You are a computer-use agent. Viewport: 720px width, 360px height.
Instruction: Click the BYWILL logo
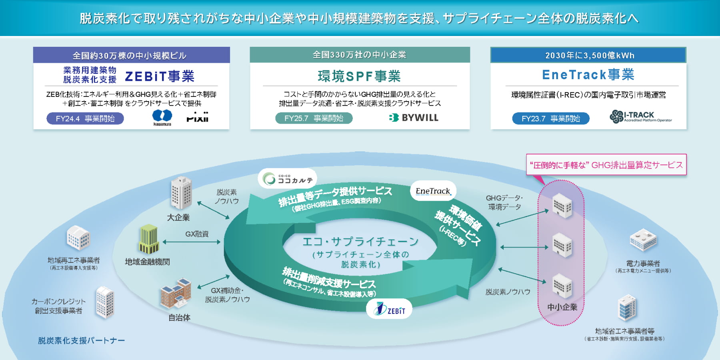(414, 118)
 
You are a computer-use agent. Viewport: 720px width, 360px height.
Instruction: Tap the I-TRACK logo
(640, 116)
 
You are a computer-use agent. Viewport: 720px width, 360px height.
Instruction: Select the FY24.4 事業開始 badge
(85, 118)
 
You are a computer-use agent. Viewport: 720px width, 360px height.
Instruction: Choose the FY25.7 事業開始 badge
(314, 118)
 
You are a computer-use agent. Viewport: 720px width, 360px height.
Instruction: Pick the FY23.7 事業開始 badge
(550, 118)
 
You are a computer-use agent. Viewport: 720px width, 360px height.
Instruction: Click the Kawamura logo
(162, 117)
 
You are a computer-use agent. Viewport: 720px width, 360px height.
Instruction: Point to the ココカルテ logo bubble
(288, 179)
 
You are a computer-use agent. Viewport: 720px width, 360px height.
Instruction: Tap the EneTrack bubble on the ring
(433, 191)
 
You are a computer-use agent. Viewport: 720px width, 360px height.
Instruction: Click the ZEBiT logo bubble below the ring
(389, 309)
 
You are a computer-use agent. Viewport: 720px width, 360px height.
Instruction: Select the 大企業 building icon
(181, 193)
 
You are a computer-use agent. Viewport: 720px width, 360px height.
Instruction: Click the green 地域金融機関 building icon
(148, 239)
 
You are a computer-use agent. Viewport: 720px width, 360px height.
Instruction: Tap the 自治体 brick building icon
(176, 293)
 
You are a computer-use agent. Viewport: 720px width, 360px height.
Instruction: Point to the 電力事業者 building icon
(643, 240)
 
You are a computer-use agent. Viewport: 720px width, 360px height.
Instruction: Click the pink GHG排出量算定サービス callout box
(606, 165)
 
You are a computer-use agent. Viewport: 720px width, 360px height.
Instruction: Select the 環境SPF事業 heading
(359, 76)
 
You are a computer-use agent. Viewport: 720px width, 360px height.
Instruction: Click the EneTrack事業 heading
(588, 75)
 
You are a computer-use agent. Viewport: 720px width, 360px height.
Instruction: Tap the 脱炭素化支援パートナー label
(81, 340)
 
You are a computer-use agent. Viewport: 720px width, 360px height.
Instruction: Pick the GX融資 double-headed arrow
(192, 242)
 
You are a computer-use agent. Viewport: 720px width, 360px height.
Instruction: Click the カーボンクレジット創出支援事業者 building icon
(105, 302)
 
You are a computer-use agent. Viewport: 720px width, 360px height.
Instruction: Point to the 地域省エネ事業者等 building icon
(626, 308)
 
